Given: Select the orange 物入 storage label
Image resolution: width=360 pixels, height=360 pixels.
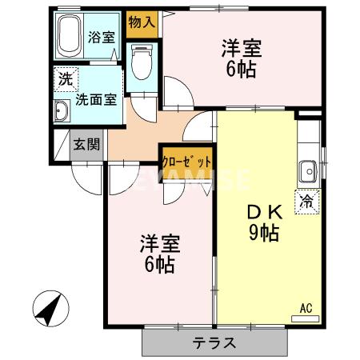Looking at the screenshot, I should click(142, 22).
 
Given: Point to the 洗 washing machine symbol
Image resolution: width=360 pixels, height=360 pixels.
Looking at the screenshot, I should click(63, 80).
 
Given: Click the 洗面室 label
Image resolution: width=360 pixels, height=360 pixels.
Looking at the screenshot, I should click(96, 101).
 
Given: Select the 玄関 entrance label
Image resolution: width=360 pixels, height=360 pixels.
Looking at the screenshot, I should click(86, 145).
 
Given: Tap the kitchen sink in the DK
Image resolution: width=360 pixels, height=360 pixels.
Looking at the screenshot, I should click(307, 170).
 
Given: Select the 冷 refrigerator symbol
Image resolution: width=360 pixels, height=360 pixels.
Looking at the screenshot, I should click(306, 201).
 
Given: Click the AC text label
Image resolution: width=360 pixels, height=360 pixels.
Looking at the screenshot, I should click(305, 306).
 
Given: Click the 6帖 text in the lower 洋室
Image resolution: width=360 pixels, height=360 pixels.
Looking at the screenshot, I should click(159, 266).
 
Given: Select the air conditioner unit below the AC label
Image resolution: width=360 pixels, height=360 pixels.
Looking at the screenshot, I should click(305, 318).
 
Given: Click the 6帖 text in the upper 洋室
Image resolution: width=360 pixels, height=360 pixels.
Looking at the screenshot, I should click(240, 70).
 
